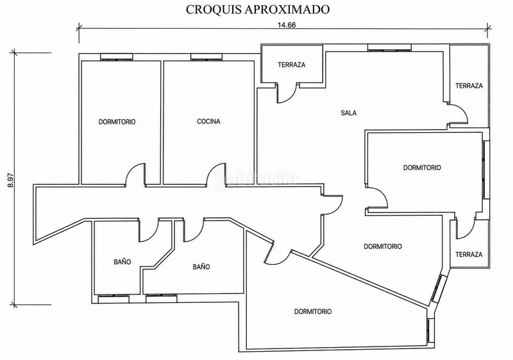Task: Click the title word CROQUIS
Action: coord(214,10)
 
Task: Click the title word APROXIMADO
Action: coord(287,10)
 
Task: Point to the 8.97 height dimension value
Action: coord(11,180)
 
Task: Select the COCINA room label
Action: coord(208,121)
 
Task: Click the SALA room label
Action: coord(348,113)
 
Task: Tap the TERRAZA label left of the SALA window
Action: coord(292,65)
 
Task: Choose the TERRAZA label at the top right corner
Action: coord(469,86)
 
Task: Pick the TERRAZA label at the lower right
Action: coord(469,254)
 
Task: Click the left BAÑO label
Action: coord(122,262)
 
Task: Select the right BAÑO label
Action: coord(201,267)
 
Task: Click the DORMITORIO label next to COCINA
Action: coord(117,122)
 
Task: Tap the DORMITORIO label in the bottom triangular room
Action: coord(313,312)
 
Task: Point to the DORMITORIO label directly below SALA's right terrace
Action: coord(422,167)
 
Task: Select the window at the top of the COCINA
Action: coord(206,57)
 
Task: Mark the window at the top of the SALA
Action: coord(389,47)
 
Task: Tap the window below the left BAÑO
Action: coord(114,298)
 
